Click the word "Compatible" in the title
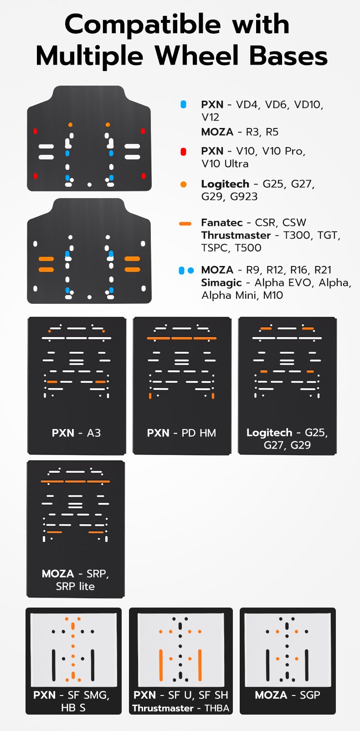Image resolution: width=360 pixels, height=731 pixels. (143, 25)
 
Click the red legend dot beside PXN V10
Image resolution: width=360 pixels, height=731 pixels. (184, 152)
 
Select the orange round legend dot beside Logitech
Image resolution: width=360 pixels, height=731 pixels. (184, 184)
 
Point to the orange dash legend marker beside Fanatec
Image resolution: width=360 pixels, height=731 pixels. (185, 224)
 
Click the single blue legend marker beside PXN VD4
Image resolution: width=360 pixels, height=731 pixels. (184, 104)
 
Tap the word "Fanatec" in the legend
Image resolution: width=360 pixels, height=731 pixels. (222, 223)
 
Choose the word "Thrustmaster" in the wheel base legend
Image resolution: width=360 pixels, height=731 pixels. (236, 235)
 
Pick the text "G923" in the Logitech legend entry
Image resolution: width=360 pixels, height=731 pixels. (244, 196)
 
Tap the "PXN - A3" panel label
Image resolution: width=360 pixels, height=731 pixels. (76, 433)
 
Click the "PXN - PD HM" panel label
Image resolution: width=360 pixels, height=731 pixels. (181, 433)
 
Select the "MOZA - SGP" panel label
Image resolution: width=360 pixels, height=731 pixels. (288, 695)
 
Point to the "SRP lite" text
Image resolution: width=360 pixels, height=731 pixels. (75, 587)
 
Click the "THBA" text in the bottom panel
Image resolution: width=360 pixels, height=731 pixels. (217, 708)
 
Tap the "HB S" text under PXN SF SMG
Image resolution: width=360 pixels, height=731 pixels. (73, 708)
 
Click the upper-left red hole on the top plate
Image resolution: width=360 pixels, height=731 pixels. (35, 131)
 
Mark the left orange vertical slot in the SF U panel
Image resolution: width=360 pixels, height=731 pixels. (161, 665)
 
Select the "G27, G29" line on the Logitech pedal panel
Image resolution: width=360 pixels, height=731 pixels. (287, 445)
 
